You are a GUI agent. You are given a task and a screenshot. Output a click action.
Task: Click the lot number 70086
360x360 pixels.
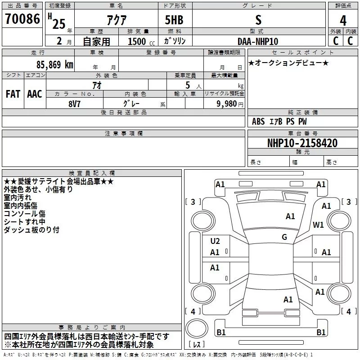pyautogui.click(x=22, y=19)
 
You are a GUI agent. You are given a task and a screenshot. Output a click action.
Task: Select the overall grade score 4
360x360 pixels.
pyautogui.click(x=343, y=21)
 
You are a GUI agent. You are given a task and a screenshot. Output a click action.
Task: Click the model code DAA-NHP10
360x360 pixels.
pyautogui.click(x=258, y=41)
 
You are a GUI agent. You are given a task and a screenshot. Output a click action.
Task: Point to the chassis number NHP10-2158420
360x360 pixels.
pyautogui.click(x=302, y=143)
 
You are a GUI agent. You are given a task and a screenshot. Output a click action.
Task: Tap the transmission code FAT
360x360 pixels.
pyautogui.click(x=13, y=94)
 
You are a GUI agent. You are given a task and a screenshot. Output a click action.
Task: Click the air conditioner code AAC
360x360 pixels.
pyautogui.click(x=35, y=94)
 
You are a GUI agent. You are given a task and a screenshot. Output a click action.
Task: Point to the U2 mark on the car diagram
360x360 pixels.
pyautogui.click(x=215, y=241)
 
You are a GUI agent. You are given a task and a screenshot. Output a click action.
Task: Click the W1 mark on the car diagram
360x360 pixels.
pyautogui.click(x=319, y=225)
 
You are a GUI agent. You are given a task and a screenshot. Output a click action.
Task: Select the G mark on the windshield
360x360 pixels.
pyautogui.click(x=284, y=237)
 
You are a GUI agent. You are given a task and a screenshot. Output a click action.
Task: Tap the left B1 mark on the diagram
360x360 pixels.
pyautogui.click(x=221, y=332)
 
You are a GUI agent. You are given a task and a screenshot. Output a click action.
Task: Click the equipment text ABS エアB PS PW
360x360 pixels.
pyautogui.click(x=279, y=121)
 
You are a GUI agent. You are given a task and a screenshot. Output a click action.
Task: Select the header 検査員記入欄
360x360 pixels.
pyautogui.click(x=92, y=173)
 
